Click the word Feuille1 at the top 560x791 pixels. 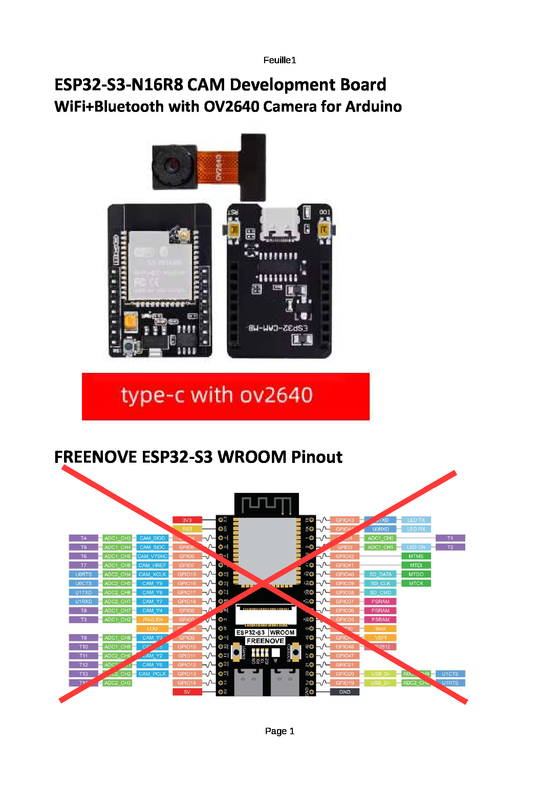pyautogui.click(x=279, y=60)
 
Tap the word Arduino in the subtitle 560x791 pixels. pyautogui.click(x=373, y=107)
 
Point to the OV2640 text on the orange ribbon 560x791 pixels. pyautogui.click(x=219, y=167)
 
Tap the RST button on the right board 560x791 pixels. pyautogui.click(x=234, y=230)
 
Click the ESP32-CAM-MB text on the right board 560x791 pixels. pyautogui.click(x=278, y=328)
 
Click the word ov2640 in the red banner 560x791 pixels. pyautogui.click(x=276, y=395)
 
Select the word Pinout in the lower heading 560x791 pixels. pyautogui.click(x=317, y=457)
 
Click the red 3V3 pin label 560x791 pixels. pyautogui.click(x=187, y=520)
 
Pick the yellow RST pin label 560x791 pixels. pyautogui.click(x=187, y=529)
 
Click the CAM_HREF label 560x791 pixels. pyautogui.click(x=152, y=565)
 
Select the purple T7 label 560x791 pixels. pyautogui.click(x=83, y=565)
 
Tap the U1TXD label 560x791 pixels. pyautogui.click(x=83, y=592)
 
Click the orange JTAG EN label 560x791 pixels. pyautogui.click(x=152, y=620)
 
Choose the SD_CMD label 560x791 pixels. pyautogui.click(x=380, y=592)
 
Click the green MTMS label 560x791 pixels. pyautogui.click(x=416, y=556)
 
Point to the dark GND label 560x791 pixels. pyautogui.click(x=344, y=692)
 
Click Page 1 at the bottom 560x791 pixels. pyautogui.click(x=279, y=731)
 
